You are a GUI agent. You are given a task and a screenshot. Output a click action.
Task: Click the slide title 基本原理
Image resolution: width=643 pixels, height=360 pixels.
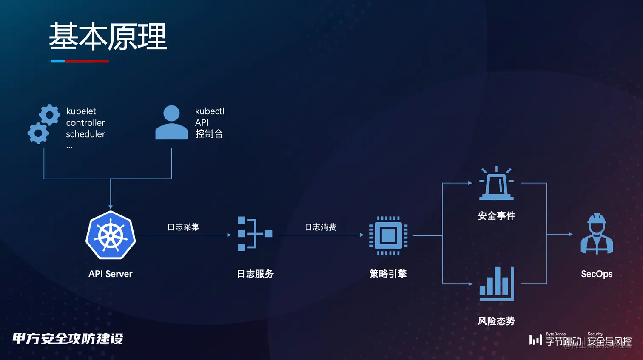pyautogui.click(x=108, y=37)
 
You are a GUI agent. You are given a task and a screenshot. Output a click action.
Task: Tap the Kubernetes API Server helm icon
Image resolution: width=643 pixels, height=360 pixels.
pyautogui.click(x=111, y=235)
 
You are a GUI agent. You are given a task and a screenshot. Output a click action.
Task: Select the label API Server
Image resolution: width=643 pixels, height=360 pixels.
pyautogui.click(x=110, y=274)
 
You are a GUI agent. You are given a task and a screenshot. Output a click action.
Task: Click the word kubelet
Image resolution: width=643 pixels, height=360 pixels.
pyautogui.click(x=81, y=111)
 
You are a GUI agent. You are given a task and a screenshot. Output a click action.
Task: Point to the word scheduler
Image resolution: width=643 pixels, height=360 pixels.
pyautogui.click(x=85, y=134)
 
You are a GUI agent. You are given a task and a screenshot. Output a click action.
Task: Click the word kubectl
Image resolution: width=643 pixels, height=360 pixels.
pyautogui.click(x=209, y=111)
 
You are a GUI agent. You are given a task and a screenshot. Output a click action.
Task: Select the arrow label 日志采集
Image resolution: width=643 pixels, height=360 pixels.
pyautogui.click(x=183, y=227)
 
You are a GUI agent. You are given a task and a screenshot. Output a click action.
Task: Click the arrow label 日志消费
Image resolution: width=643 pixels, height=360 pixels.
pyautogui.click(x=321, y=227)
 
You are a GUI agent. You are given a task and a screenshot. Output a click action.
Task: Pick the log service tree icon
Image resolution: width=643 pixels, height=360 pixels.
pyautogui.click(x=255, y=233)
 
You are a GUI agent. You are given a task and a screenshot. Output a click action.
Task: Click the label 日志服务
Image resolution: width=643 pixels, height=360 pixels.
pyautogui.click(x=255, y=274)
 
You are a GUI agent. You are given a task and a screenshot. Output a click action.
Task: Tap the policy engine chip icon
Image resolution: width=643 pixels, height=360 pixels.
pyautogui.click(x=388, y=235)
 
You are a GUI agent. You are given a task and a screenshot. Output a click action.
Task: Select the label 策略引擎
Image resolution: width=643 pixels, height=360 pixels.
pyautogui.click(x=388, y=274)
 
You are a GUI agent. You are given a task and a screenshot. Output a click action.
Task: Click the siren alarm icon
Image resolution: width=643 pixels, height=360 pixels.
pyautogui.click(x=496, y=184)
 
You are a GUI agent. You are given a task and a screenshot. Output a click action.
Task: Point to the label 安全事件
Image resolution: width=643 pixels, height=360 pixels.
pyautogui.click(x=496, y=216)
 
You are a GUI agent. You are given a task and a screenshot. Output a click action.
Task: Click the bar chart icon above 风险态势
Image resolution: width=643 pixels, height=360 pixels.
pyautogui.click(x=496, y=284)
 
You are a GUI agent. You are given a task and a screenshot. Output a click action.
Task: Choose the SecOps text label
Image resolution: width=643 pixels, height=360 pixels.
pyautogui.click(x=597, y=274)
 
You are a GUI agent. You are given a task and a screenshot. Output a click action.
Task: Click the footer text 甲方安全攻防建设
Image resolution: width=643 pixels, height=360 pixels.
pyautogui.click(x=68, y=339)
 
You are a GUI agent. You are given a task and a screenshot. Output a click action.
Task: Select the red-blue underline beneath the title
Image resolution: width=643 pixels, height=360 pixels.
pyautogui.click(x=80, y=61)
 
